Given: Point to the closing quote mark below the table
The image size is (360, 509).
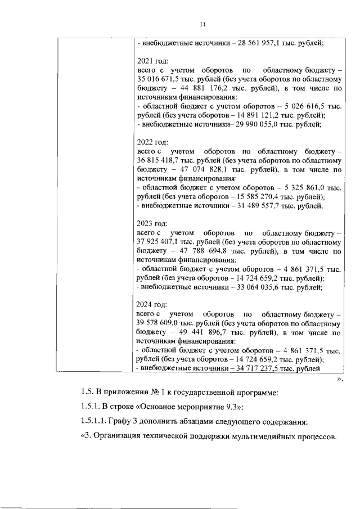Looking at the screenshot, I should point(339,380).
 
